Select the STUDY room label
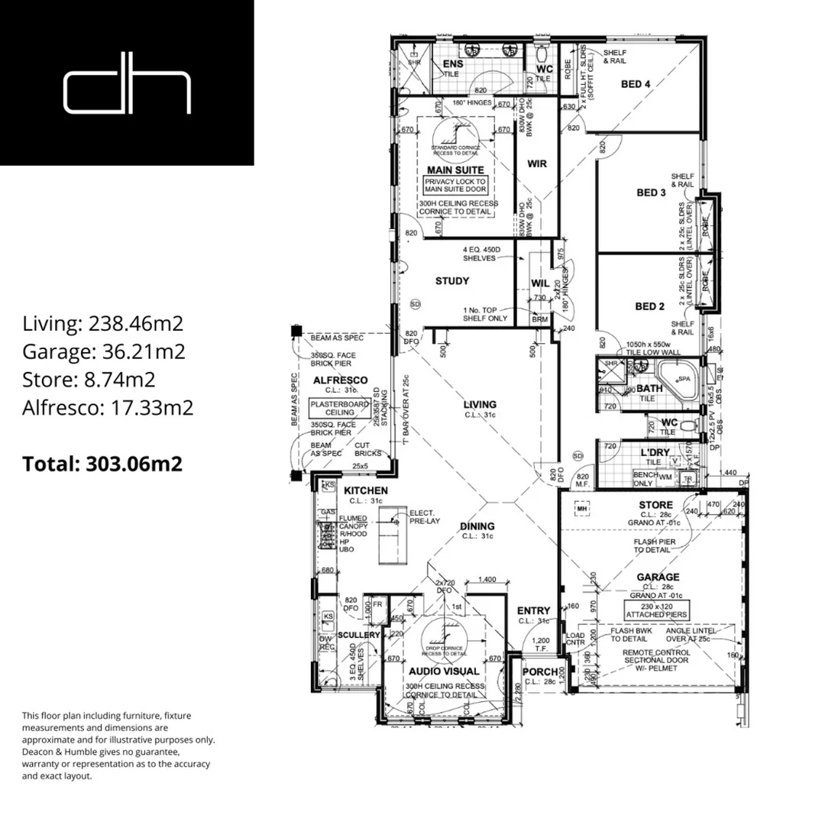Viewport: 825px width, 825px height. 452,281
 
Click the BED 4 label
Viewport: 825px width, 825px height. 636,84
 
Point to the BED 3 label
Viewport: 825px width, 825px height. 651,193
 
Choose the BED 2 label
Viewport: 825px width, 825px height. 650,306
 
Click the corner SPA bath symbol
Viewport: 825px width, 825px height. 678,379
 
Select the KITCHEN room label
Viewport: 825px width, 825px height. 365,490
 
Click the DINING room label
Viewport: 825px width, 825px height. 477,526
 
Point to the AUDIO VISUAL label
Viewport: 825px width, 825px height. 444,671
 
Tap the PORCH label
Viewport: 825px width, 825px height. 540,672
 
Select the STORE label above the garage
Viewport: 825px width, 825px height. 655,505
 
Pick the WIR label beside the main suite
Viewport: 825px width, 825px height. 537,164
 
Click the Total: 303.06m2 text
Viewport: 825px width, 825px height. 102,464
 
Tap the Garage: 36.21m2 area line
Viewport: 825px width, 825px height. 104,351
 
